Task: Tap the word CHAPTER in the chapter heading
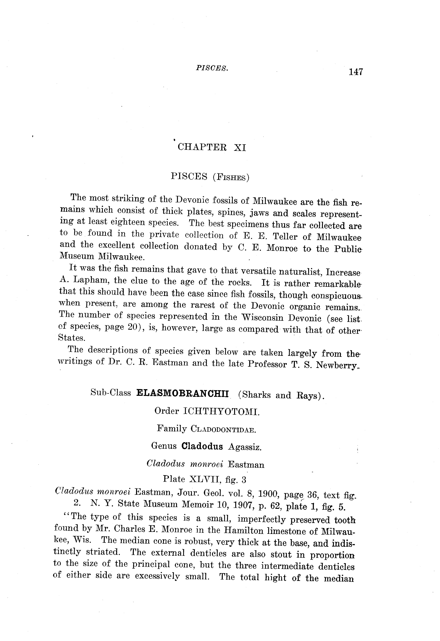coord(202,147)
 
